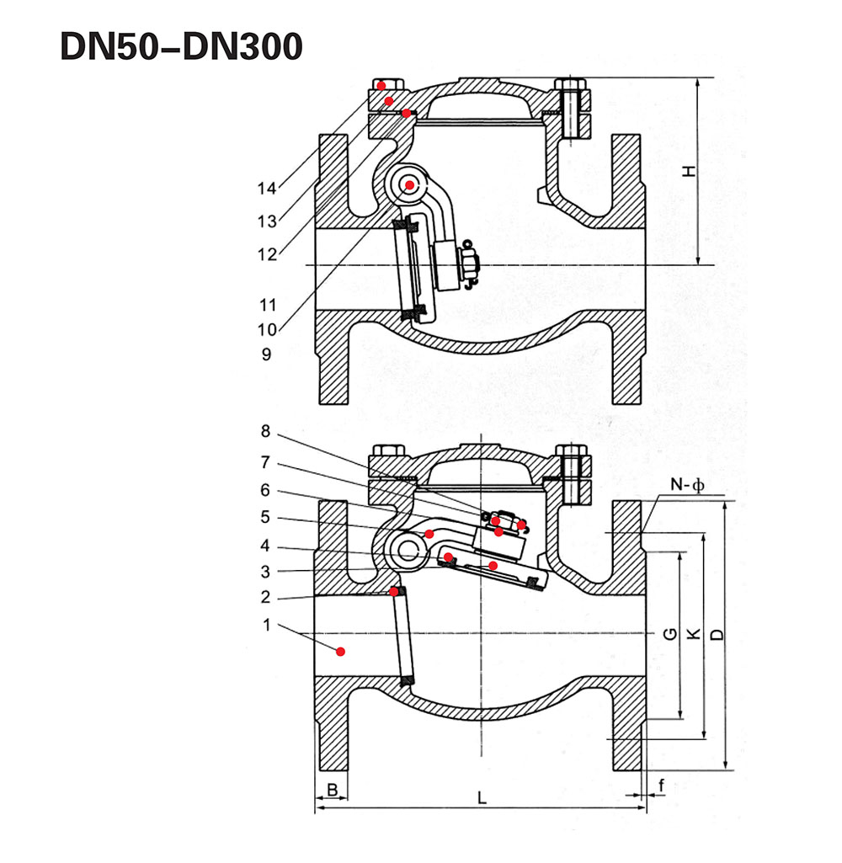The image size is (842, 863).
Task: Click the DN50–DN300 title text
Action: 181,45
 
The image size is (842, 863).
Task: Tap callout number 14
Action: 266,189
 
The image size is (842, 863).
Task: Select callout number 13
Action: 267,221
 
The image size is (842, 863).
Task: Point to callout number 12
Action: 267,254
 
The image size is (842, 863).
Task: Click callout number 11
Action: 268,304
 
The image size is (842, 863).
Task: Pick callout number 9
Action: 266,354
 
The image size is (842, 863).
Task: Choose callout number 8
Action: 266,431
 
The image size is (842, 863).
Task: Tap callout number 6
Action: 265,490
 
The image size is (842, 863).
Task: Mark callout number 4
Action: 265,546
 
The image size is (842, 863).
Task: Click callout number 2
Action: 266,597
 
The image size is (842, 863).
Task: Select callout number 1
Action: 267,625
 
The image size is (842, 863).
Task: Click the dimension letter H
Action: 689,171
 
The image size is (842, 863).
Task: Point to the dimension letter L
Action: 482,797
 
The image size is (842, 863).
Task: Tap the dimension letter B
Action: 333,790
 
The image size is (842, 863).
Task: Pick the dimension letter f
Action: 661,786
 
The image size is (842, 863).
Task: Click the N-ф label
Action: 687,485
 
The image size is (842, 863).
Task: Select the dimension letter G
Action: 670,634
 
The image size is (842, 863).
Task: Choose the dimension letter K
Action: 695,634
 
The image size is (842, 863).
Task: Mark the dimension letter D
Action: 717,634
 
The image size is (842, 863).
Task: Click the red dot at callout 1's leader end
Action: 341,652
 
